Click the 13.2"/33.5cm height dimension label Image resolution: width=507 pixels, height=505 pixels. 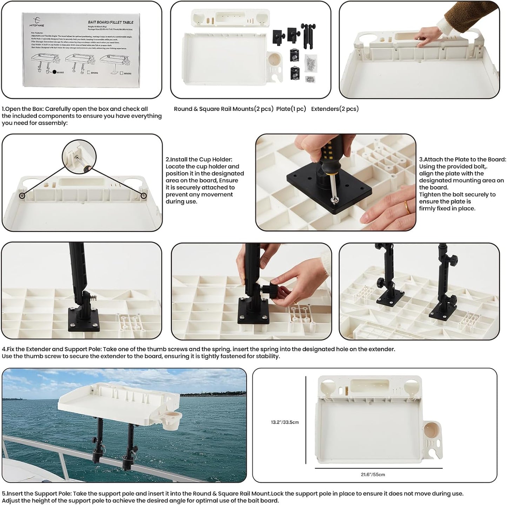click(285, 422)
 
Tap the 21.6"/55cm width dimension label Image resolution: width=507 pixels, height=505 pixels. click(373, 474)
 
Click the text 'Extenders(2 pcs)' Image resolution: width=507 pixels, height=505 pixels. click(335, 109)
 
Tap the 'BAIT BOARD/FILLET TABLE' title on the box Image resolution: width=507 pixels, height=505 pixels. click(111, 22)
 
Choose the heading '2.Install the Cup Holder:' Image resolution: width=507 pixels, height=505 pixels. click(199, 159)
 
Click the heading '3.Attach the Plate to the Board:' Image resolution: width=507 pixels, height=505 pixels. click(462, 159)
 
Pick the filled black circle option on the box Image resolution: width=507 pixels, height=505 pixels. click(54, 73)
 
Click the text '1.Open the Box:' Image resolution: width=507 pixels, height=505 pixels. click(23, 109)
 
